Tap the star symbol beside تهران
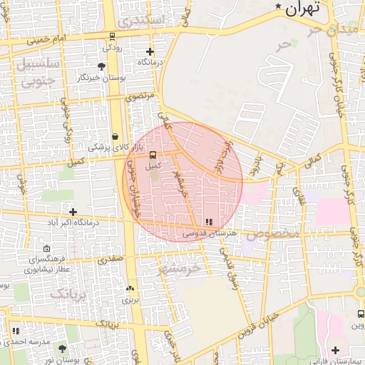[x=278, y=7]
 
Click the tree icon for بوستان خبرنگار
[x=102, y=66]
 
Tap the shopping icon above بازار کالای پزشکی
[x=115, y=135]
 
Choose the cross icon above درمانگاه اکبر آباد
[x=73, y=212]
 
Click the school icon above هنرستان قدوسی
[x=208, y=222]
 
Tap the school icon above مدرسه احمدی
[x=16, y=331]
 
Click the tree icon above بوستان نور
[x=62, y=349]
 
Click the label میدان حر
[x=331, y=30]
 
